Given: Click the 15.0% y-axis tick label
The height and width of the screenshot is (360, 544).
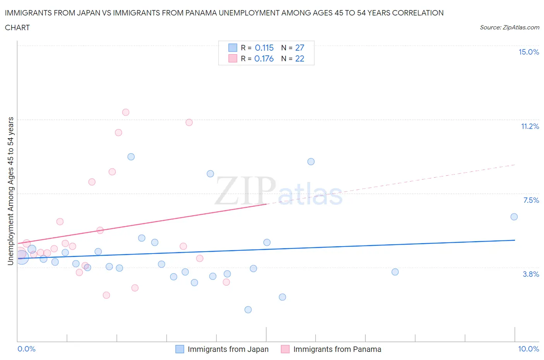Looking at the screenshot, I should click(529, 52).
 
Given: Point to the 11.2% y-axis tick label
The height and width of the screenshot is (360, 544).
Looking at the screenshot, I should click(530, 127).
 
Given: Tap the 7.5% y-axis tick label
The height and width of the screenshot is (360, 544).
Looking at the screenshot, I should click(531, 201).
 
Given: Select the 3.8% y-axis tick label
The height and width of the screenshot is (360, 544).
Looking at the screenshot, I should click(531, 274).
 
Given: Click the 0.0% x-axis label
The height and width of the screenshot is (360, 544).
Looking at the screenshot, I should click(26, 349).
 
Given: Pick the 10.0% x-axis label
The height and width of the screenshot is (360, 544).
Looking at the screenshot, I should click(528, 349).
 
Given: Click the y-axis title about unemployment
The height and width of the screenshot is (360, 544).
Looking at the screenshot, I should click(10, 191).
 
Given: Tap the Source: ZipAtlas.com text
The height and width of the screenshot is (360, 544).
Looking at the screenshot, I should click(509, 27).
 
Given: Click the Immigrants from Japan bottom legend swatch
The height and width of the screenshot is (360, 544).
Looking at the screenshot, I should click(180, 349).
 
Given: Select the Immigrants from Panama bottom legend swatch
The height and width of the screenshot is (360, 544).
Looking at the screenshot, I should click(285, 349).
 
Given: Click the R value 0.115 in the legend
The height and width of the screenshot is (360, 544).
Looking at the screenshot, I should click(264, 48).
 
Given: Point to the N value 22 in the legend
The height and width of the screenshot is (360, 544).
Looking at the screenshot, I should click(299, 59).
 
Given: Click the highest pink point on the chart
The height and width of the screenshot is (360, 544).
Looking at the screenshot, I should click(126, 112).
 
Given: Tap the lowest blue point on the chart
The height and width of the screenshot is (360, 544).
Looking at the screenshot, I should click(248, 310).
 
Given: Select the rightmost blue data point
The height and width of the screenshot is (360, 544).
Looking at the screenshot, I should click(514, 217).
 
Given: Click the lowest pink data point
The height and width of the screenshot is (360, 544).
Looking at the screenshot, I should click(106, 295).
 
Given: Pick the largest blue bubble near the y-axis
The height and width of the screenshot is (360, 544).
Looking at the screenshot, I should click(22, 257).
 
